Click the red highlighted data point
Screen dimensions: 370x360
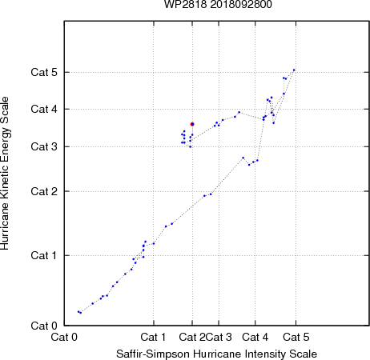192,124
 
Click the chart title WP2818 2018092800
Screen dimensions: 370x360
218,4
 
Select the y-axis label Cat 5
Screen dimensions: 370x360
44,72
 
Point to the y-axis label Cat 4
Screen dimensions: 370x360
44,109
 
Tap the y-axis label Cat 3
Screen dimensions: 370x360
44,146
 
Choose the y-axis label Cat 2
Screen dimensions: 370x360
44,191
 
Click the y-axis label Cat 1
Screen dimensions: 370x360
44,255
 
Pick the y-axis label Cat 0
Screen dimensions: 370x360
44,326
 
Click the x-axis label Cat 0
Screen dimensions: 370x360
64,337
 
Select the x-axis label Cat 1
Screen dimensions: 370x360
153,337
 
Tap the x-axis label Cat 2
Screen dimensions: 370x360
192,337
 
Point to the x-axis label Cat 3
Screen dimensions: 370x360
219,337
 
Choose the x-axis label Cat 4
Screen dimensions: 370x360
255,337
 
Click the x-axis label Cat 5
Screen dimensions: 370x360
296,337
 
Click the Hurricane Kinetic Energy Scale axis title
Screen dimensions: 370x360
5,174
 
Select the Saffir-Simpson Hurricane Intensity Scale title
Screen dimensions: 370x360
217,354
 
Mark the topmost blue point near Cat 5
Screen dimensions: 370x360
294,70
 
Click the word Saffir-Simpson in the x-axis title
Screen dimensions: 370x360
153,354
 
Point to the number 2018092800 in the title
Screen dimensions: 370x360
241,4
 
